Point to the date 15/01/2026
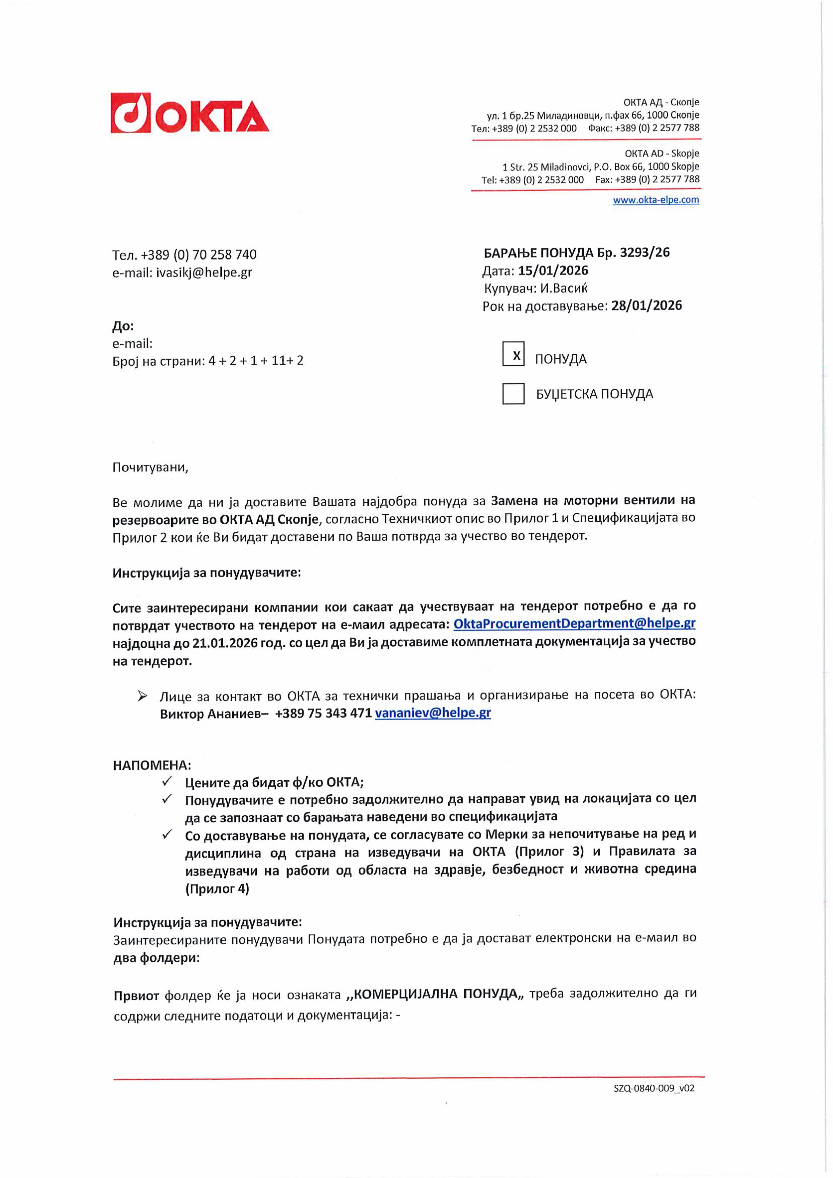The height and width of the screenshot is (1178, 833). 553,270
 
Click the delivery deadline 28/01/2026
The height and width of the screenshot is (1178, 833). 646,306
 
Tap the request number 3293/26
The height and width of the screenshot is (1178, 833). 644,252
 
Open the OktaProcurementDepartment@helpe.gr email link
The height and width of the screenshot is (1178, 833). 575,623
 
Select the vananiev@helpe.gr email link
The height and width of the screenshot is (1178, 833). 433,713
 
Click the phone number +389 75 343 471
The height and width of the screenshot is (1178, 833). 323,713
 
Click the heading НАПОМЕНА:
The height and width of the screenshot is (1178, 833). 152,765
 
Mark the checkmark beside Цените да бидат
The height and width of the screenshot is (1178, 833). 167,782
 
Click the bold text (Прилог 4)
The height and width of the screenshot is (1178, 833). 217,889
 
